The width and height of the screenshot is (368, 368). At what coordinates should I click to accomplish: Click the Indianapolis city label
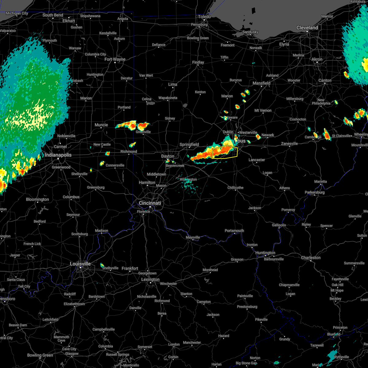click(x=58, y=155)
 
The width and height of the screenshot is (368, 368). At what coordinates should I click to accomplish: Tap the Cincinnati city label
click(x=150, y=203)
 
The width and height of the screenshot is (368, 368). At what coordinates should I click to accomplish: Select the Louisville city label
click(x=80, y=264)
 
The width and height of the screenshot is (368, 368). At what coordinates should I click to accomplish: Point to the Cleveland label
click(x=307, y=28)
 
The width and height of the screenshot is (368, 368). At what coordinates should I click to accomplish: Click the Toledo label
click(x=205, y=17)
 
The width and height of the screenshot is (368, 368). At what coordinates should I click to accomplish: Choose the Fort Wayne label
click(x=115, y=59)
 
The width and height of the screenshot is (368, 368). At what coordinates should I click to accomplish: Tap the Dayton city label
click(x=168, y=156)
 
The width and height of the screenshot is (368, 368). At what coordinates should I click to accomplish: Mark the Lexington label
click(x=151, y=279)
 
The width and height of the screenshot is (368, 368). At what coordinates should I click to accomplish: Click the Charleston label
click(x=311, y=258)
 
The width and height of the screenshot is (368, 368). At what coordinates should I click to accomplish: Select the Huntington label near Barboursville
click(x=265, y=253)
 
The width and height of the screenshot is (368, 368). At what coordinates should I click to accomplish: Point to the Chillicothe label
click(x=236, y=188)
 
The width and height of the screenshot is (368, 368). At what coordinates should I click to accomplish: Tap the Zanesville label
click(x=289, y=144)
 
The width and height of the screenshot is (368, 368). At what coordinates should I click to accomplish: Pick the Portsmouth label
click(x=234, y=231)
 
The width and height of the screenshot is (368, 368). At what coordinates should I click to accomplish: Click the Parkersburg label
click(x=315, y=192)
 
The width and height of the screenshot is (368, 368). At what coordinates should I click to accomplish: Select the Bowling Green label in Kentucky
click(x=40, y=355)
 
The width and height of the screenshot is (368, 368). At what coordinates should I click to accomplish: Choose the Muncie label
click(x=101, y=125)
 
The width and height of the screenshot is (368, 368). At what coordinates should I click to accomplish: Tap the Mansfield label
click(x=261, y=83)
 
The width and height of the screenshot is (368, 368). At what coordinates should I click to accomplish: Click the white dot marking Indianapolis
click(x=58, y=159)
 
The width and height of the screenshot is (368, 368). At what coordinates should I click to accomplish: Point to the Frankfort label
click(x=130, y=268)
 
